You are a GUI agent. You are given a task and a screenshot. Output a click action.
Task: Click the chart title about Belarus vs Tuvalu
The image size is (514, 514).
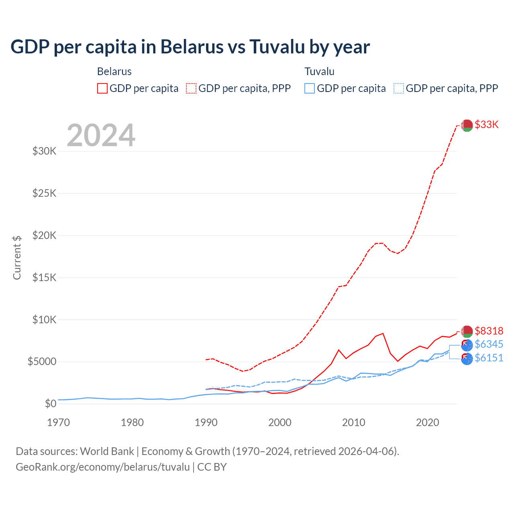click(x=190, y=47)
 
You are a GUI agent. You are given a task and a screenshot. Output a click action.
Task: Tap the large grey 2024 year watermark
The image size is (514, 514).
click(x=101, y=135)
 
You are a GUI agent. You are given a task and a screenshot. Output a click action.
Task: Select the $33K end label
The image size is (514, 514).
click(x=487, y=124)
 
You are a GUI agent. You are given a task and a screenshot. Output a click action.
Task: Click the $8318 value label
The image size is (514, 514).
click(x=489, y=331)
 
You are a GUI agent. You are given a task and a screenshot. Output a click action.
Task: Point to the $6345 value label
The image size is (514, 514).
click(x=489, y=344)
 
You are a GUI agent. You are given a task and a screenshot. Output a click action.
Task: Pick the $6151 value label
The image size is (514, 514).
click(x=489, y=358)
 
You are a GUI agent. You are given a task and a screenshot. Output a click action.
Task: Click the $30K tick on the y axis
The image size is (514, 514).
click(x=44, y=151)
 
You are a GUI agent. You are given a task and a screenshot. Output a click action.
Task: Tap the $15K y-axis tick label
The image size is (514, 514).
click(x=44, y=277)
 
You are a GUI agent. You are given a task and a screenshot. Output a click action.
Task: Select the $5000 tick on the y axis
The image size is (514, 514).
click(x=42, y=361)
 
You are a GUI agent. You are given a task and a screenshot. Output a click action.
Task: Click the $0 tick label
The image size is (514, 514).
click(x=50, y=404)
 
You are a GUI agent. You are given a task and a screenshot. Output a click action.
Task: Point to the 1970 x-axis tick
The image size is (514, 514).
click(x=58, y=422)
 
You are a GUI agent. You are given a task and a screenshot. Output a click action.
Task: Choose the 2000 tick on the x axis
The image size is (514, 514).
click(x=280, y=422)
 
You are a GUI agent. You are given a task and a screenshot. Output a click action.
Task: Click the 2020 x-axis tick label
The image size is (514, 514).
click(x=428, y=422)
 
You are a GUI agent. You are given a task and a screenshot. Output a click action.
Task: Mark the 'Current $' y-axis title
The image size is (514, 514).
click(x=17, y=257)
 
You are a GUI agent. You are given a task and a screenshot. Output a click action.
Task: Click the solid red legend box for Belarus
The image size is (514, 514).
click(x=102, y=88)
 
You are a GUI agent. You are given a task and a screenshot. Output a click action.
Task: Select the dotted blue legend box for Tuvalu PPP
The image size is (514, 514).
click(x=399, y=88)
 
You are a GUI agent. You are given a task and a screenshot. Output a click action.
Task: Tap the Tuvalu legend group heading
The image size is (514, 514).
click(x=319, y=71)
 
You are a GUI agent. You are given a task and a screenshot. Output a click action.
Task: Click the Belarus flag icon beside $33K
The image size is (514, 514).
click(x=467, y=125)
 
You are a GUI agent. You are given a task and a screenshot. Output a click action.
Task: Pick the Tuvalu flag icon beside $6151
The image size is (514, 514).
click(x=467, y=359)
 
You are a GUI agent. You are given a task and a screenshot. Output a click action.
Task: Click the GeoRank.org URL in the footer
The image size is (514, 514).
click(x=102, y=467)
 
